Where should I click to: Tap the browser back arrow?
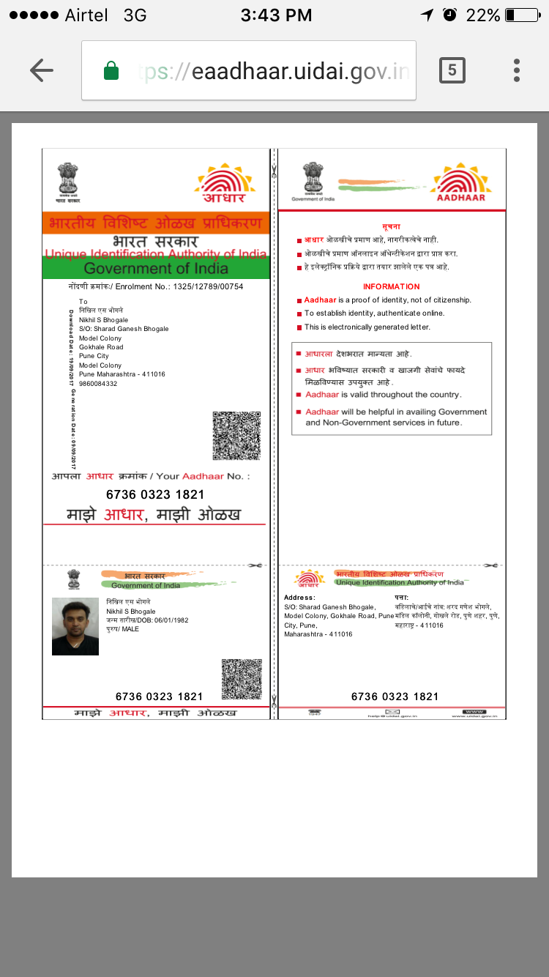coord(42,70)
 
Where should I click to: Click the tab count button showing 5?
coord(452,70)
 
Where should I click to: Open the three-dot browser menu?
coord(517,70)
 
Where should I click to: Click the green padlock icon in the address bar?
coord(111,71)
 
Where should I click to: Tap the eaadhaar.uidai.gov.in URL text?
coord(300,72)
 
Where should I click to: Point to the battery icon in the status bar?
coord(521,15)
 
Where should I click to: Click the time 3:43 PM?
coord(276,15)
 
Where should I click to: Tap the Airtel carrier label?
coord(86,15)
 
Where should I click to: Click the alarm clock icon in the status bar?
coord(450,15)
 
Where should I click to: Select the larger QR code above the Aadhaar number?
coord(236,436)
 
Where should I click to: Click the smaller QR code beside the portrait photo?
coord(242,679)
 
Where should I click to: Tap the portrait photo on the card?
coord(75,626)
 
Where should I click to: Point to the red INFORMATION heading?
coord(392,286)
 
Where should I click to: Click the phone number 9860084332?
coord(98,384)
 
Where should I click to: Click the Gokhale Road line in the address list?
coord(101,347)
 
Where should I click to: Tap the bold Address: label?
coord(299,598)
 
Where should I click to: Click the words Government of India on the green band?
coord(156,268)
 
